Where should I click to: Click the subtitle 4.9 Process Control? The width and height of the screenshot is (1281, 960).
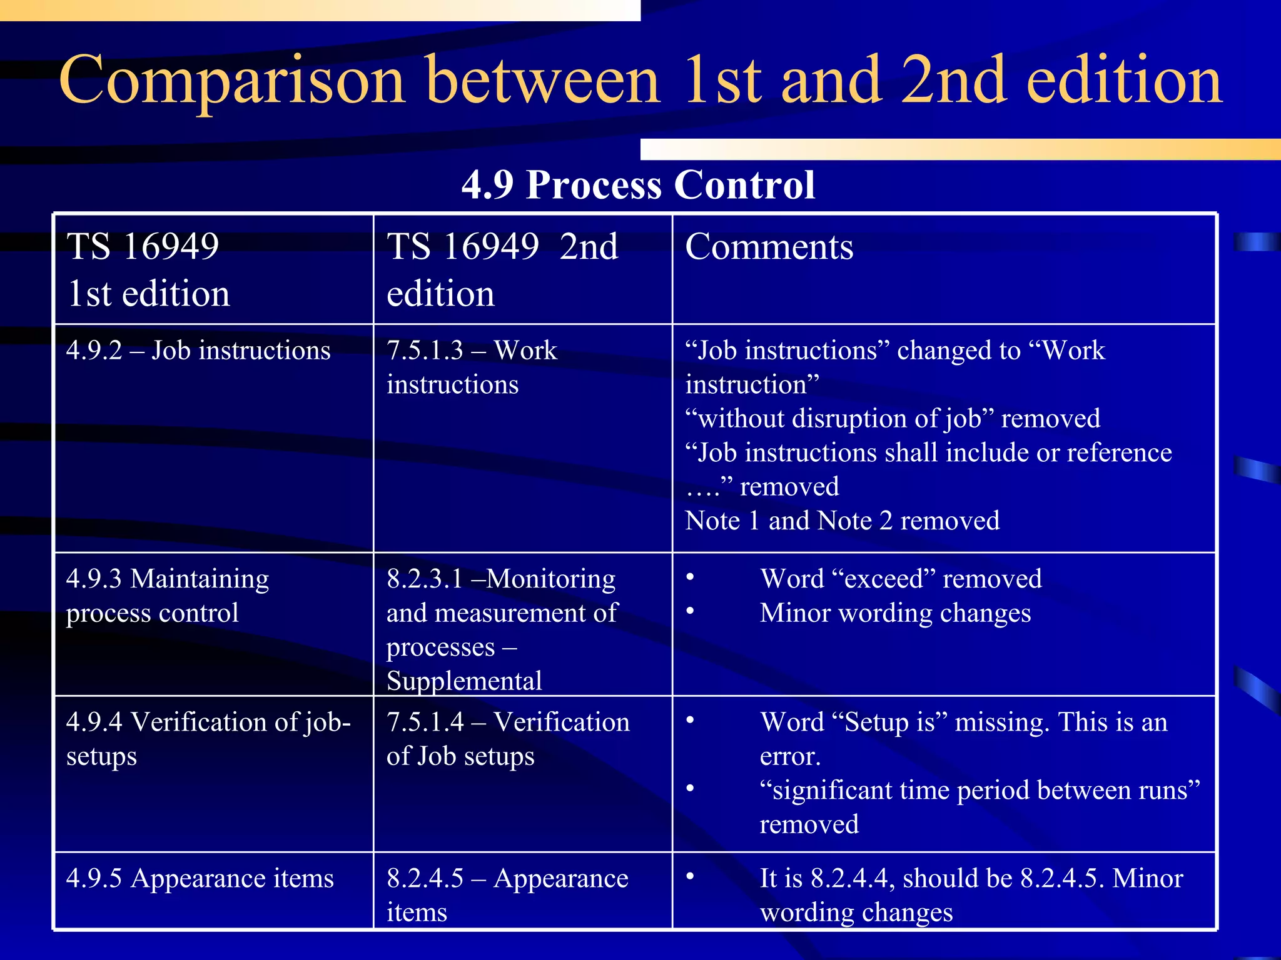(638, 185)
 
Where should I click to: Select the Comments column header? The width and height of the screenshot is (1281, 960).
(769, 247)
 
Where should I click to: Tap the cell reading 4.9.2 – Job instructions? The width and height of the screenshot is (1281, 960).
(198, 351)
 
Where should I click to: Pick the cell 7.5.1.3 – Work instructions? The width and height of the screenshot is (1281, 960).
(472, 367)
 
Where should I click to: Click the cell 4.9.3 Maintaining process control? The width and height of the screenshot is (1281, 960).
(168, 596)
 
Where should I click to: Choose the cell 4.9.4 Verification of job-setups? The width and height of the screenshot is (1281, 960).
(208, 739)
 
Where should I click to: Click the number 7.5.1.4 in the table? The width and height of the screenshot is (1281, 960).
(425, 722)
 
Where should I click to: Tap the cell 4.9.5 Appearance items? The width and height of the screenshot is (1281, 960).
(200, 879)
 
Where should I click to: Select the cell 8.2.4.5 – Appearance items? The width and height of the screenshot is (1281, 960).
(507, 895)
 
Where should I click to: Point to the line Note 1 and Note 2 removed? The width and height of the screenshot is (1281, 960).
(842, 521)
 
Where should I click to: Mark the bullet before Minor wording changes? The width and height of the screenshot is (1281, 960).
(690, 611)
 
